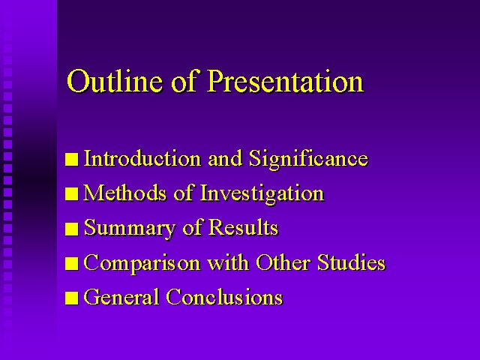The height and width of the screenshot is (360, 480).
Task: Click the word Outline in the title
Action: click(115, 80)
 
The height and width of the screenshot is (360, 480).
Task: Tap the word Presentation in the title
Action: click(285, 80)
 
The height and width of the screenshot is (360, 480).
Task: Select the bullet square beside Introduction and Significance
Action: click(72, 160)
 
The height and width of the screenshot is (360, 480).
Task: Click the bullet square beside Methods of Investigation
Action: click(72, 194)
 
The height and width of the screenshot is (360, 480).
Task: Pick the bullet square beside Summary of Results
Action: click(72, 229)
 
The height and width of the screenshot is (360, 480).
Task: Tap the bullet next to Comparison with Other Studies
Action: click(72, 263)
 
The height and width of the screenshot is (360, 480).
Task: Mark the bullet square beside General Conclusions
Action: click(72, 298)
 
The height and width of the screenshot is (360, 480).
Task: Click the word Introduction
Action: click(142, 158)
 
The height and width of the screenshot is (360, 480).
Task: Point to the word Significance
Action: click(308, 159)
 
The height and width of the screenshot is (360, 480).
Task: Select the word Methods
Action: click(125, 193)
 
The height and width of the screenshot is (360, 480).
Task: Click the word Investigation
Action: click(262, 194)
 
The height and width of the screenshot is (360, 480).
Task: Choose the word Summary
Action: click(130, 229)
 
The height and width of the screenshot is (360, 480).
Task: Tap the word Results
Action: click(243, 228)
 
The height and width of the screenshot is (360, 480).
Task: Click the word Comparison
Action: click(142, 263)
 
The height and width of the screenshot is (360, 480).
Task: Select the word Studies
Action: click(351, 262)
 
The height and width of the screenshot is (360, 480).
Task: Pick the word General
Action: click(121, 297)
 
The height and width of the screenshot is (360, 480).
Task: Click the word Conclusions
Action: click(225, 297)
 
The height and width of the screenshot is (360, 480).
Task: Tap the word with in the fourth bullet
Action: click(228, 262)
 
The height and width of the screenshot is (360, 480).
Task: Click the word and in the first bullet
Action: click(225, 158)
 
